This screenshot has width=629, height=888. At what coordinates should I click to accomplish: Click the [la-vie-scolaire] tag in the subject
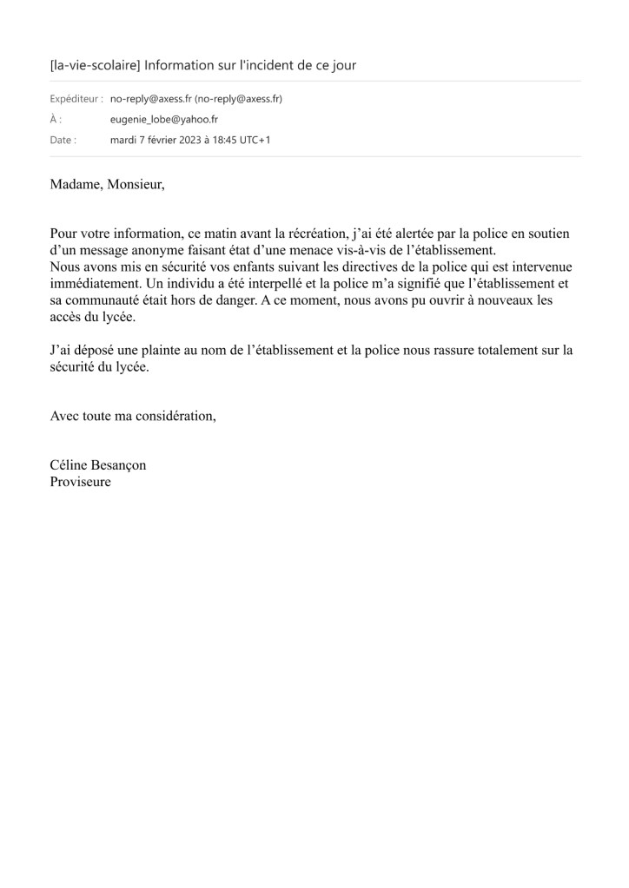coord(95,65)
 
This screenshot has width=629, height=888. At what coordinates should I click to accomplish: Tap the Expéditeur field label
coord(76,99)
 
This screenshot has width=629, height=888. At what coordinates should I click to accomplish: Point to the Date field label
coord(63,139)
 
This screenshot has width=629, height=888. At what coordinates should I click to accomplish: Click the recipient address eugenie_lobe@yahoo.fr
coord(163,119)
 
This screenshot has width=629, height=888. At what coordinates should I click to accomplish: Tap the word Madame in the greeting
coord(75,185)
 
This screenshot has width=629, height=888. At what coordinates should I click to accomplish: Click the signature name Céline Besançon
coord(98,464)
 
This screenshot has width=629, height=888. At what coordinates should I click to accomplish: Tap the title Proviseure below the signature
coord(81,481)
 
